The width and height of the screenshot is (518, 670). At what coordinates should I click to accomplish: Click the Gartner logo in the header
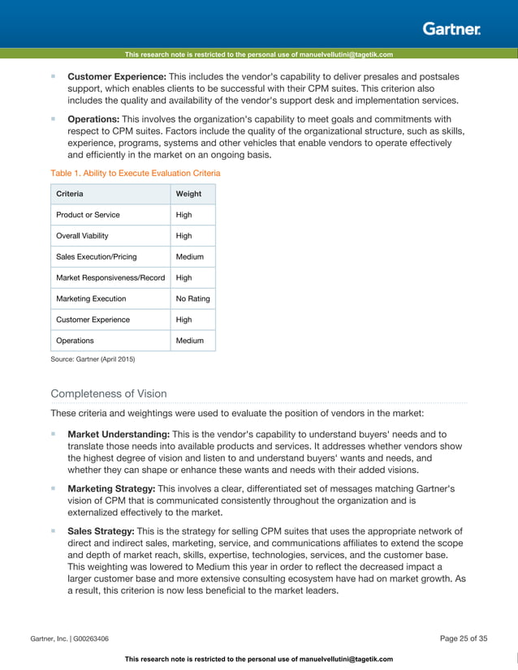tap(451, 28)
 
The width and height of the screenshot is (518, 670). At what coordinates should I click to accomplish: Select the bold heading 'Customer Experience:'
tap(117, 76)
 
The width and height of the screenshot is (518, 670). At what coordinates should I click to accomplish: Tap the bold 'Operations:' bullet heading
tap(93, 118)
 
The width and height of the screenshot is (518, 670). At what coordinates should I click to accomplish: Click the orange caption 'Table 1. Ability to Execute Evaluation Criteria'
tap(135, 173)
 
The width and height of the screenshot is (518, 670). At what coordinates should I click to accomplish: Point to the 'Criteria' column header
tap(69, 194)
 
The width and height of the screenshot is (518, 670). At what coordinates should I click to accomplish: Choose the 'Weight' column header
tap(189, 194)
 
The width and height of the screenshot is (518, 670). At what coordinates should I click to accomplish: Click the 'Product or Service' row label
tap(88, 215)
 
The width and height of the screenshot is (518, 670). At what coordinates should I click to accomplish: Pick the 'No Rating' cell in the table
tap(193, 298)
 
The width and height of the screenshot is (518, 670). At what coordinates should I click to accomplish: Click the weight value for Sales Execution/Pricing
tap(190, 257)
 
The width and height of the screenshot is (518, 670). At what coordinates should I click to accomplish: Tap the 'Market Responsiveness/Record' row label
tap(110, 277)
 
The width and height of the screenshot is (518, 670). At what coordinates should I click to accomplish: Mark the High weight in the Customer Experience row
tap(184, 320)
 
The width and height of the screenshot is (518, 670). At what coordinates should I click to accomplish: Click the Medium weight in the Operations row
tap(190, 341)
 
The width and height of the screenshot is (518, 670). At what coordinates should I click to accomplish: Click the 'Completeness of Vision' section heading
tap(109, 393)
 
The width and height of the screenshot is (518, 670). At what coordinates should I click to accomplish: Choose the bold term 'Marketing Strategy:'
tap(111, 489)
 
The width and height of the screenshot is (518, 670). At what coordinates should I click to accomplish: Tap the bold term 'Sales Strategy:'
tap(101, 531)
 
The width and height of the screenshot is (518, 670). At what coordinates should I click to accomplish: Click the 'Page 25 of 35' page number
tap(463, 638)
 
